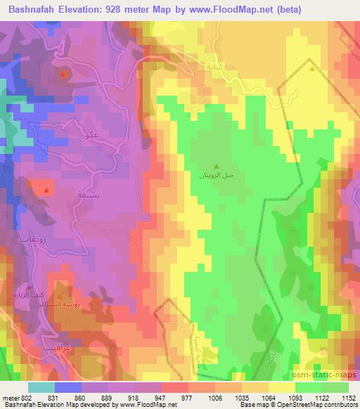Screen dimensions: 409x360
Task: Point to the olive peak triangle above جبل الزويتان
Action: tap(216, 167)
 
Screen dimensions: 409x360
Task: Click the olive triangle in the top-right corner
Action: tap(312, 69)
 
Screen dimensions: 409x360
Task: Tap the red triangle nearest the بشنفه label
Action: tap(47, 190)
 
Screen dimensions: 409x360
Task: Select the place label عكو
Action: tap(91, 135)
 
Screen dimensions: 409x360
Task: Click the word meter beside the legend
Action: tap(8, 397)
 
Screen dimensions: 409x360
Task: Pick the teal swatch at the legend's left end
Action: tap(41, 387)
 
